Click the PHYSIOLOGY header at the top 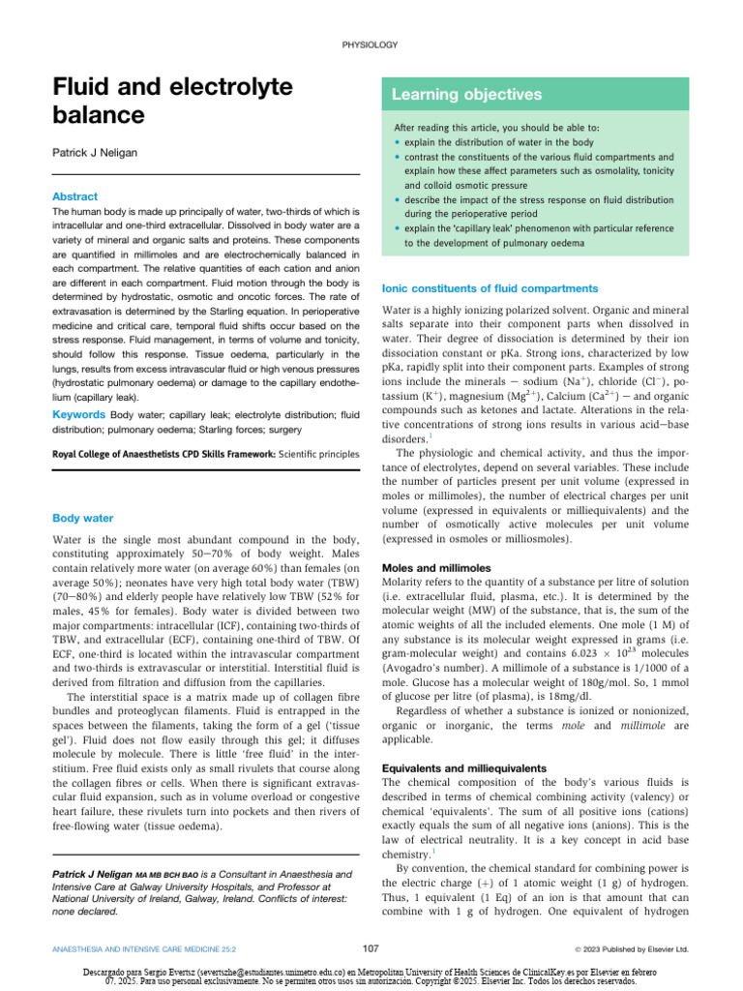point(371,45)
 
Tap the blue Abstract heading point(74,196)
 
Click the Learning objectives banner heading point(453,95)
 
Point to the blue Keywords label point(79,415)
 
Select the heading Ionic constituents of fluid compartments point(490,288)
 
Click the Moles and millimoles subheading point(436,567)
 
